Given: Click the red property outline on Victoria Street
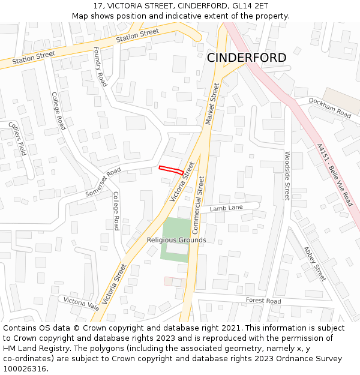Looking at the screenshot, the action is (171, 170).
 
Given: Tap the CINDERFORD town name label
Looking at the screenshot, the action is (247, 58).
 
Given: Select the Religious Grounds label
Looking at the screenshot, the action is (176, 240).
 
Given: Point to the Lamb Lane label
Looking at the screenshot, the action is (226, 208).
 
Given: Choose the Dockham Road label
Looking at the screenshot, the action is (329, 107).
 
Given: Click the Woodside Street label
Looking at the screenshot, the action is (287, 176).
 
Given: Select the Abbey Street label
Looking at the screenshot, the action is (314, 263).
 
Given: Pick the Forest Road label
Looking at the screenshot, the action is (263, 301).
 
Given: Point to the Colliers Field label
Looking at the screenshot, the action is (17, 139).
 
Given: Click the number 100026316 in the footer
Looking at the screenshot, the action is (26, 368).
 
